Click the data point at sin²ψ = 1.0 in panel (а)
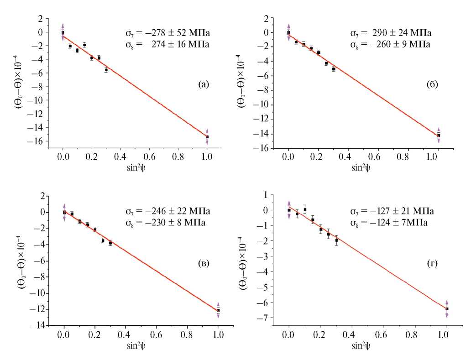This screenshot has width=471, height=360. pyautogui.click(x=207, y=137)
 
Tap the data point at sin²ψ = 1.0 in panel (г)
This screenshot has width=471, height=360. pyautogui.click(x=447, y=309)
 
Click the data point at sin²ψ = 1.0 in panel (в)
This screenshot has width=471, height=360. pyautogui.click(x=218, y=310)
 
